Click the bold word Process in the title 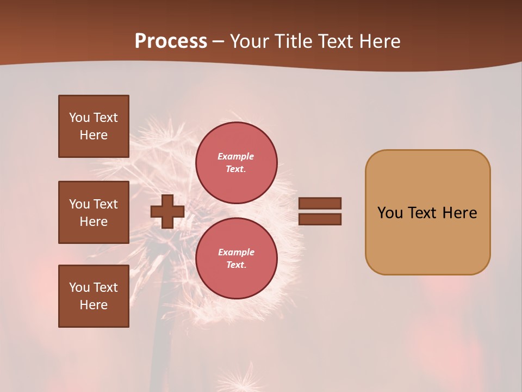171,41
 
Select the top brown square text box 94,126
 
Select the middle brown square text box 94,212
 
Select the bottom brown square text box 94,296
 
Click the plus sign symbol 167,212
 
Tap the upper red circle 236,162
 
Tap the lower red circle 236,258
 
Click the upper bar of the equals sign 320,203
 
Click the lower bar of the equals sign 320,219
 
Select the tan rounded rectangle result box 427,212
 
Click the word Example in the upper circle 235,156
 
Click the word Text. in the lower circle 236,265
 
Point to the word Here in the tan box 459,213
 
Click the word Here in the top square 94,135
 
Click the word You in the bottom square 79,287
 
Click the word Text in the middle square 105,204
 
